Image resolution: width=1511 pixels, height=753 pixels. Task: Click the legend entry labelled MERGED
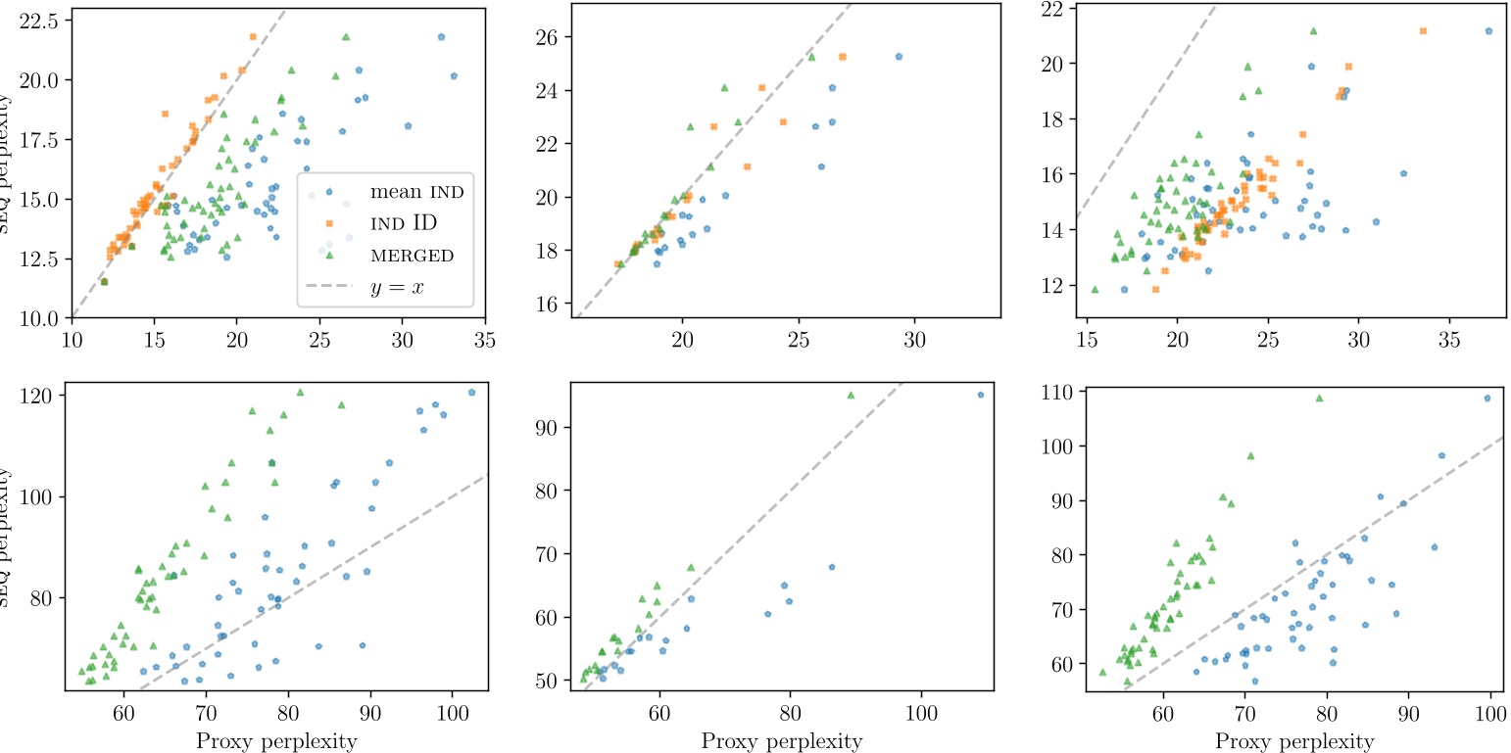[x=411, y=257]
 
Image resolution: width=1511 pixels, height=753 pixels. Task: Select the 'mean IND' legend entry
[x=416, y=192]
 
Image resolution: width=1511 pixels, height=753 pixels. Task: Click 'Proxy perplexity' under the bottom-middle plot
[x=781, y=741]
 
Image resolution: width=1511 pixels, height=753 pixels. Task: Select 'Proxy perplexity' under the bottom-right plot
[x=1294, y=741]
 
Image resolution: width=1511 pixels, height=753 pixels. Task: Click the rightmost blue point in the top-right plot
[x=1488, y=31]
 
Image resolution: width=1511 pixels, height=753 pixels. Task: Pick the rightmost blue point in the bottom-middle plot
[x=980, y=395]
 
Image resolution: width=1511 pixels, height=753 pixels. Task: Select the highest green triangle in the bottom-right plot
[x=1319, y=399]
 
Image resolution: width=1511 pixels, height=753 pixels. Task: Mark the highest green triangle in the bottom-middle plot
[x=851, y=396]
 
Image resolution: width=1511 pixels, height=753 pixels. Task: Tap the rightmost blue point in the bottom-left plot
[x=471, y=393]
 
